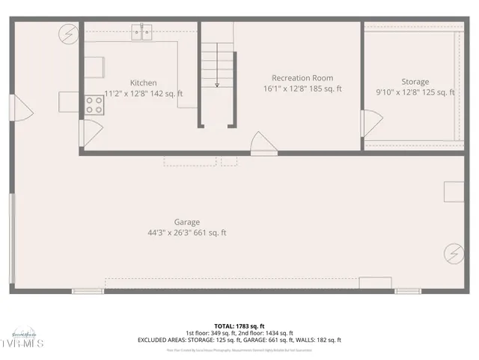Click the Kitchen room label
point(144,82)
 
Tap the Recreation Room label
point(302,78)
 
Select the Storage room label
point(415,82)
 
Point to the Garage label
point(186,222)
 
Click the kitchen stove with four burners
point(94,105)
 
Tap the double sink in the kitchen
point(142,31)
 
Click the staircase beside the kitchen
point(217,64)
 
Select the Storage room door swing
point(371,123)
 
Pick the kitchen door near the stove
point(90,133)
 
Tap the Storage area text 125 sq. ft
point(438,92)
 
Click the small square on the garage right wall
point(454,191)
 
